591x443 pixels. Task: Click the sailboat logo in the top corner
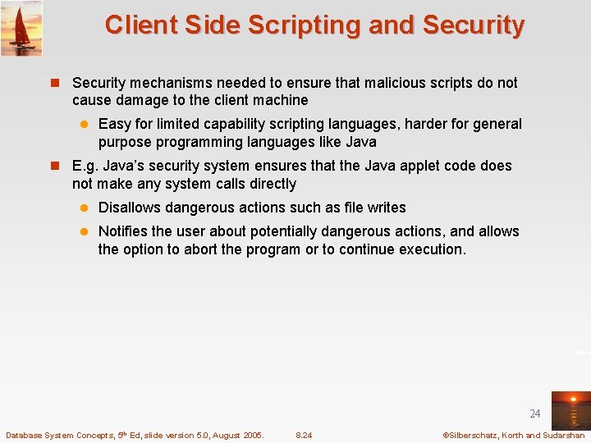pos(21,28)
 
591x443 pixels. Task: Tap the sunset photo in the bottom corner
pos(570,409)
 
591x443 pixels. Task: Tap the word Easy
pos(114,124)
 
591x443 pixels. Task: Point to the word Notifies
pos(124,231)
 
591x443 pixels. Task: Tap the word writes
pos(387,208)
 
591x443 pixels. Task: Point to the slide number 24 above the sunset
pos(535,413)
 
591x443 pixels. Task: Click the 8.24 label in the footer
pos(304,435)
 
